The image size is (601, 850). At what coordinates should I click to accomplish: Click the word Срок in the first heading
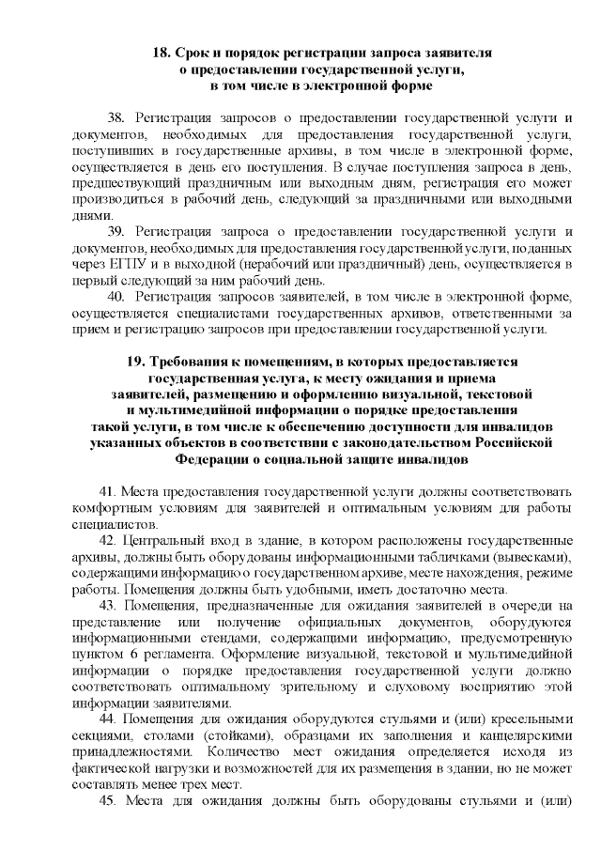pos(193,54)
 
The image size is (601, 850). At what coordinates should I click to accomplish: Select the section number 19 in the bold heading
pos(133,362)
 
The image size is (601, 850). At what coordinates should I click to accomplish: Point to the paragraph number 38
pos(116,119)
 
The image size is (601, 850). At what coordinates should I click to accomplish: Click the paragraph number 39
pos(116,231)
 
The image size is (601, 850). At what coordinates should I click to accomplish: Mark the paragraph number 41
pos(105,491)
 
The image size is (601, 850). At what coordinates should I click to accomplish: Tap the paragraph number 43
pos(105,605)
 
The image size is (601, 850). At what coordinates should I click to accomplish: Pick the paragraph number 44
pos(105,719)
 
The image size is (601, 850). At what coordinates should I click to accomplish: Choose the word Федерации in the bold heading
pos(211,459)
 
